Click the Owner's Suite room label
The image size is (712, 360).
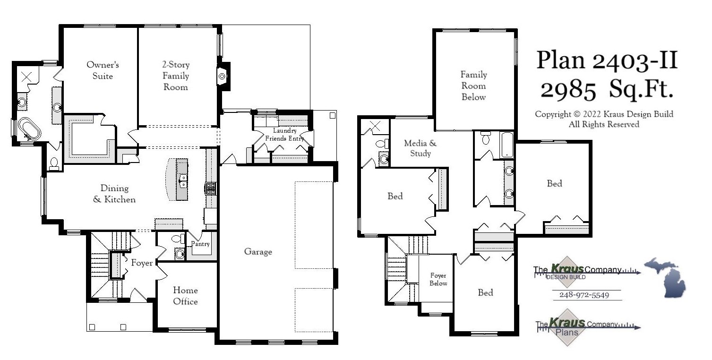click(x=103, y=70)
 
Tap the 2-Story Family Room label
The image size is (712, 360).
click(x=176, y=76)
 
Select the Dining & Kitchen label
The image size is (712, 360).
click(x=114, y=194)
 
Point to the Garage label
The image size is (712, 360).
click(x=258, y=252)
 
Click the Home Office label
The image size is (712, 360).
click(x=185, y=296)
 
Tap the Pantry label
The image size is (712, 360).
click(x=200, y=244)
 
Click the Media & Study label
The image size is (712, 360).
click(x=420, y=148)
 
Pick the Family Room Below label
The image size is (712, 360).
click(x=473, y=86)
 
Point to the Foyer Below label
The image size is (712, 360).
click(x=438, y=279)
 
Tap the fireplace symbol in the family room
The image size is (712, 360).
click(x=222, y=76)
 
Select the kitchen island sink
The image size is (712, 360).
click(x=182, y=180)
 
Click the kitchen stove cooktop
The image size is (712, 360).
click(x=210, y=189)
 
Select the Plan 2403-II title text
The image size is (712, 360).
click(x=607, y=61)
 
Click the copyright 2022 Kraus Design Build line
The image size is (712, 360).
click(x=604, y=114)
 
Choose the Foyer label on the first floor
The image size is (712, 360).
click(x=142, y=263)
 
